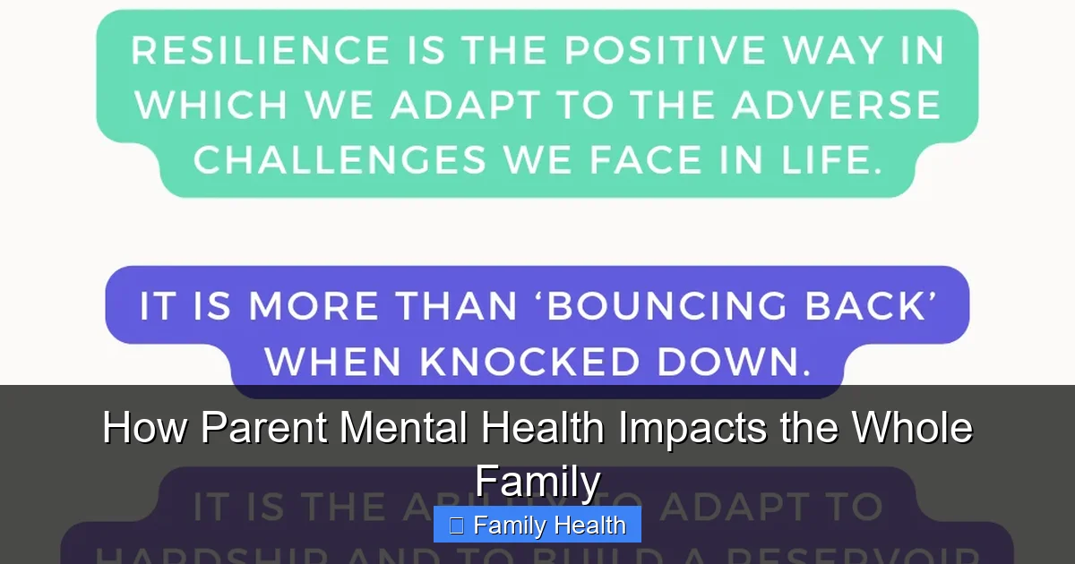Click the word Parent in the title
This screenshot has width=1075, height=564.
pyautogui.click(x=266, y=428)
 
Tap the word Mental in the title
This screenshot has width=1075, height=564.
pyautogui.click(x=402, y=428)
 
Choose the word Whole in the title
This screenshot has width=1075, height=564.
pyautogui.click(x=911, y=428)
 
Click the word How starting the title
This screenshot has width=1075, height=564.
pyautogui.click(x=146, y=428)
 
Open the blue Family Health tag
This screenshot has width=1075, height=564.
pyautogui.click(x=537, y=526)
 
